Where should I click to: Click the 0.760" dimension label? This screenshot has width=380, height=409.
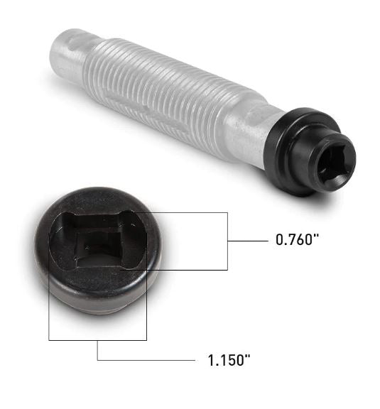[x=297, y=240]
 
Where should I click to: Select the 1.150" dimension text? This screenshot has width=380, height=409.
[x=227, y=360]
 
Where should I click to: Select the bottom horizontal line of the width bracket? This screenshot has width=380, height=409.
[x=97, y=340]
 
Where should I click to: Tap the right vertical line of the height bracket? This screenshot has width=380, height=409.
[x=227, y=241]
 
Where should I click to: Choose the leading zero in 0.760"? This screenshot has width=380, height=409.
[x=279, y=240]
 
